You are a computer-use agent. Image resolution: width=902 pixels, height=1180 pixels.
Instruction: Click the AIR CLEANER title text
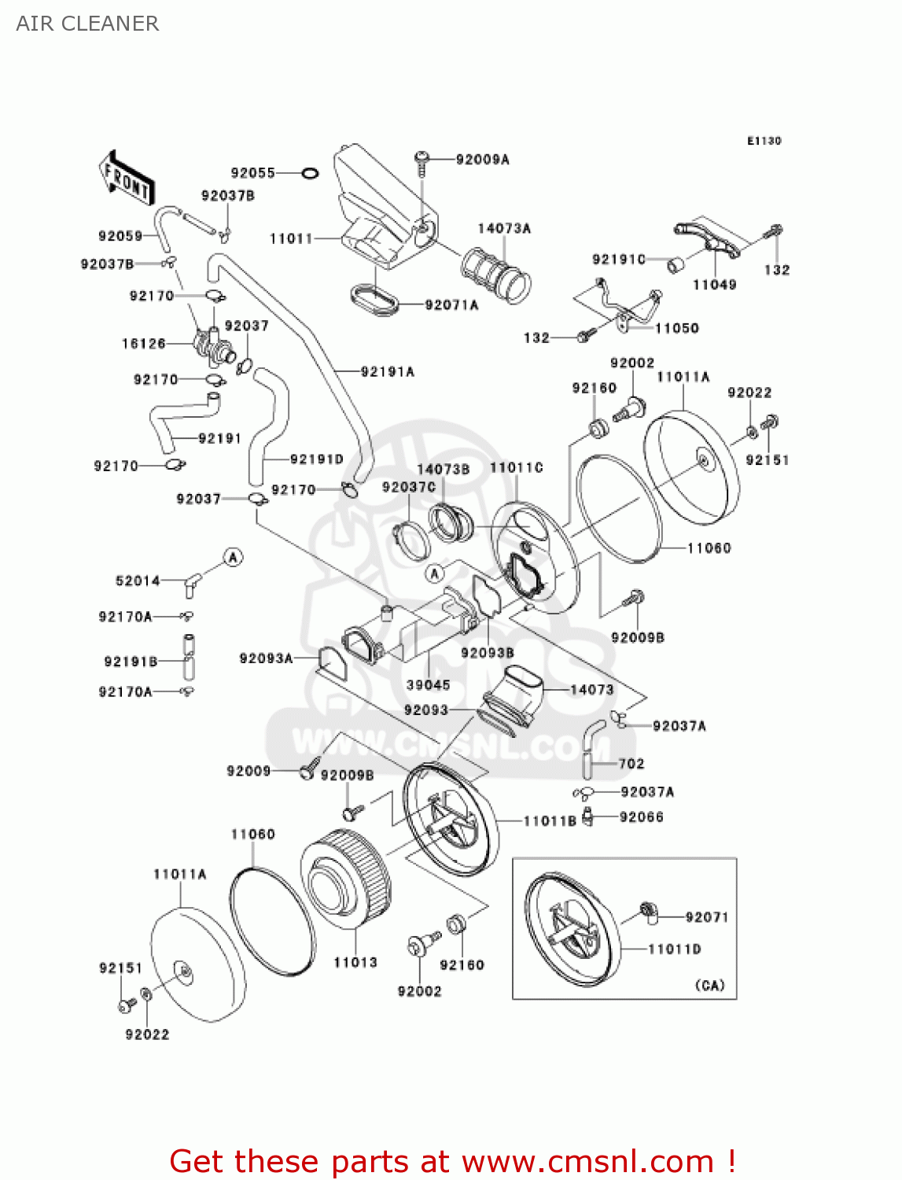point(87,24)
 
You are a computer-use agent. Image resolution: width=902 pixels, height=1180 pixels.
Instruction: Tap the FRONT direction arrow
point(126,179)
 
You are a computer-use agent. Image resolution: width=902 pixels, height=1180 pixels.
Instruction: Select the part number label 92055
point(252,173)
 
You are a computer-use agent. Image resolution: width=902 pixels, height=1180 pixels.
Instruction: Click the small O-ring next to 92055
point(310,173)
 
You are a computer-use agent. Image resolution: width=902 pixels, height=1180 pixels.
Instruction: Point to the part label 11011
point(291,238)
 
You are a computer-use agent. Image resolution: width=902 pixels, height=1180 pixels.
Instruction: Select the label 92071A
point(451,305)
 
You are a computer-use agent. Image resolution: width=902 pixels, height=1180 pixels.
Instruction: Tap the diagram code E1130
point(764,141)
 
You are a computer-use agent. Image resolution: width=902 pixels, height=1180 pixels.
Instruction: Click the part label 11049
point(714,285)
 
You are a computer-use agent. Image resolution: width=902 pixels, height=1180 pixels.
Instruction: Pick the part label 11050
point(676,328)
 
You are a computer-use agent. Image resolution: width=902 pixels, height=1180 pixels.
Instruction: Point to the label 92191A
point(387,371)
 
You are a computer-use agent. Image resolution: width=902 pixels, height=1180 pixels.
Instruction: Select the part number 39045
point(428,684)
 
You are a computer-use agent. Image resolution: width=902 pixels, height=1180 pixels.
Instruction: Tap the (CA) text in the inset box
point(709,985)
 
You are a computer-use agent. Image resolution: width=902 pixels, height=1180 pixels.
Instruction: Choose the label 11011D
point(674,949)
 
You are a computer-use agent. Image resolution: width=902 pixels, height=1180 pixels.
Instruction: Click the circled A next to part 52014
point(233,558)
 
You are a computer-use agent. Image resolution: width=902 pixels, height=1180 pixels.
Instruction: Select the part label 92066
point(641,817)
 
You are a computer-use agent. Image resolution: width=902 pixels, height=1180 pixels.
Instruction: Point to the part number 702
point(631,763)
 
